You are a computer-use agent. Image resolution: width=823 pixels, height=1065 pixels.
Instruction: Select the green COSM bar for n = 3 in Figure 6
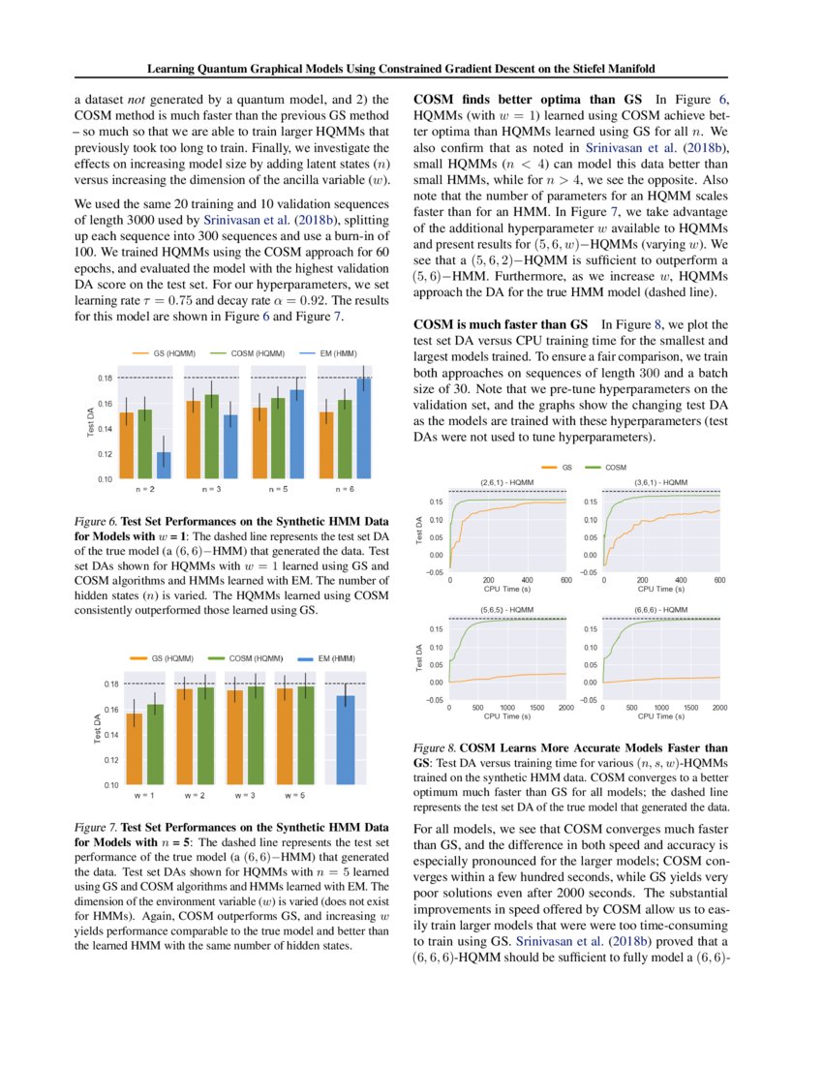tap(212, 436)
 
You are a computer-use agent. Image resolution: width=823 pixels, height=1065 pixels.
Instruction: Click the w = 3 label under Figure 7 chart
tap(245, 795)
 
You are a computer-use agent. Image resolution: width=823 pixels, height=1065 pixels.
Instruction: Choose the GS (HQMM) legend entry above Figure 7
tap(165, 658)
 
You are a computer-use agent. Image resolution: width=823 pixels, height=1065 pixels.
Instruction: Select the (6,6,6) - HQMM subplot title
tap(662, 610)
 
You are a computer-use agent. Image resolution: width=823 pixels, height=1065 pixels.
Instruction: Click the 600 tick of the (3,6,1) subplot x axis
tap(719, 579)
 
